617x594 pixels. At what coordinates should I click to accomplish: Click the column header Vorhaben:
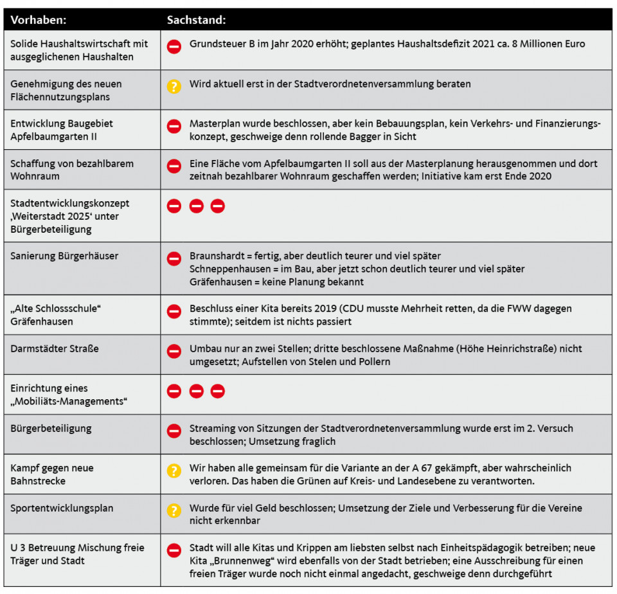(39, 20)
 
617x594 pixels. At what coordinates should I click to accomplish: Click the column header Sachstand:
(196, 20)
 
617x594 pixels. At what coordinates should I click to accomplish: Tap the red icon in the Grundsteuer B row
(174, 46)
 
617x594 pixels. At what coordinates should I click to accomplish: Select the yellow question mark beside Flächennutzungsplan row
(174, 86)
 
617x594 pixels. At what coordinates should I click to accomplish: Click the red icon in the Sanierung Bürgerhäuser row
(174, 258)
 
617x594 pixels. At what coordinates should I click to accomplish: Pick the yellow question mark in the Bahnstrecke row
(174, 471)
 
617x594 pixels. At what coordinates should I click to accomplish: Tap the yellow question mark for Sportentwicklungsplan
(174, 510)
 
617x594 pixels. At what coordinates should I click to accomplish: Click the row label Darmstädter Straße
(55, 348)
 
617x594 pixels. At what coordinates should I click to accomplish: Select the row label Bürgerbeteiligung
(51, 428)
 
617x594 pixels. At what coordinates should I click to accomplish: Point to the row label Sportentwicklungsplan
(62, 508)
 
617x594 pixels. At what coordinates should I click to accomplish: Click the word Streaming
(211, 428)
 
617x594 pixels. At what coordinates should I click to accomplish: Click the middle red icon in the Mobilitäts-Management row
(196, 391)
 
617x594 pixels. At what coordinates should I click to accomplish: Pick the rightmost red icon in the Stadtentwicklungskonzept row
(218, 206)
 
